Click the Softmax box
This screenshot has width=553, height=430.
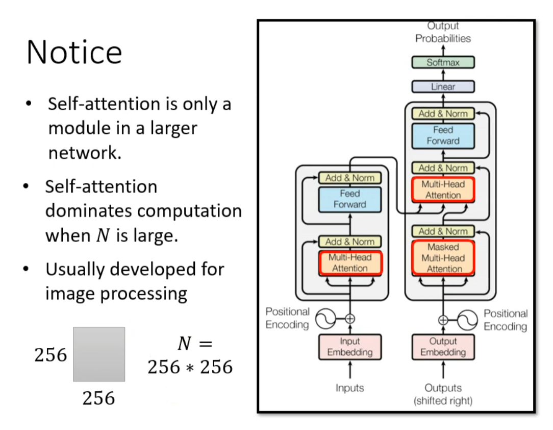[443, 62]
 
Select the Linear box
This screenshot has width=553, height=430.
[443, 86]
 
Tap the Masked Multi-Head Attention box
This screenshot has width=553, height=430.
[443, 258]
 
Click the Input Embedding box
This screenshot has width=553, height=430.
[350, 347]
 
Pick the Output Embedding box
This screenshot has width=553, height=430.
[443, 347]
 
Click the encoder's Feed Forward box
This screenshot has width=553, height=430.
[350, 199]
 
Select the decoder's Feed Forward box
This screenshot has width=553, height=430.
[443, 135]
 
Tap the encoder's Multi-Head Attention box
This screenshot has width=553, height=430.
[350, 262]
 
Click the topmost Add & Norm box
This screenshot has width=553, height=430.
[443, 114]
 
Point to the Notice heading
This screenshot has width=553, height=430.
[74, 52]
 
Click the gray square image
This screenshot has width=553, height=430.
[99, 354]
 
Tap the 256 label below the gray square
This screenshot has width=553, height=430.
[99, 398]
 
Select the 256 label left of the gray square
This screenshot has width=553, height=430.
[51, 355]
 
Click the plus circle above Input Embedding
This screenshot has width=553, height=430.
[350, 319]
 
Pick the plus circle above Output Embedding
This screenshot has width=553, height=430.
[443, 320]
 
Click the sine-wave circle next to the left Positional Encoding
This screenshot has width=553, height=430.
[325, 319]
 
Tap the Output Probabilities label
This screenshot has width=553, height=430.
[443, 32]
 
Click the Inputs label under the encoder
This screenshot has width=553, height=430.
[350, 388]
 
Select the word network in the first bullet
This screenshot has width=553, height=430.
[85, 153]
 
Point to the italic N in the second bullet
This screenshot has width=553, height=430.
[103, 235]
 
